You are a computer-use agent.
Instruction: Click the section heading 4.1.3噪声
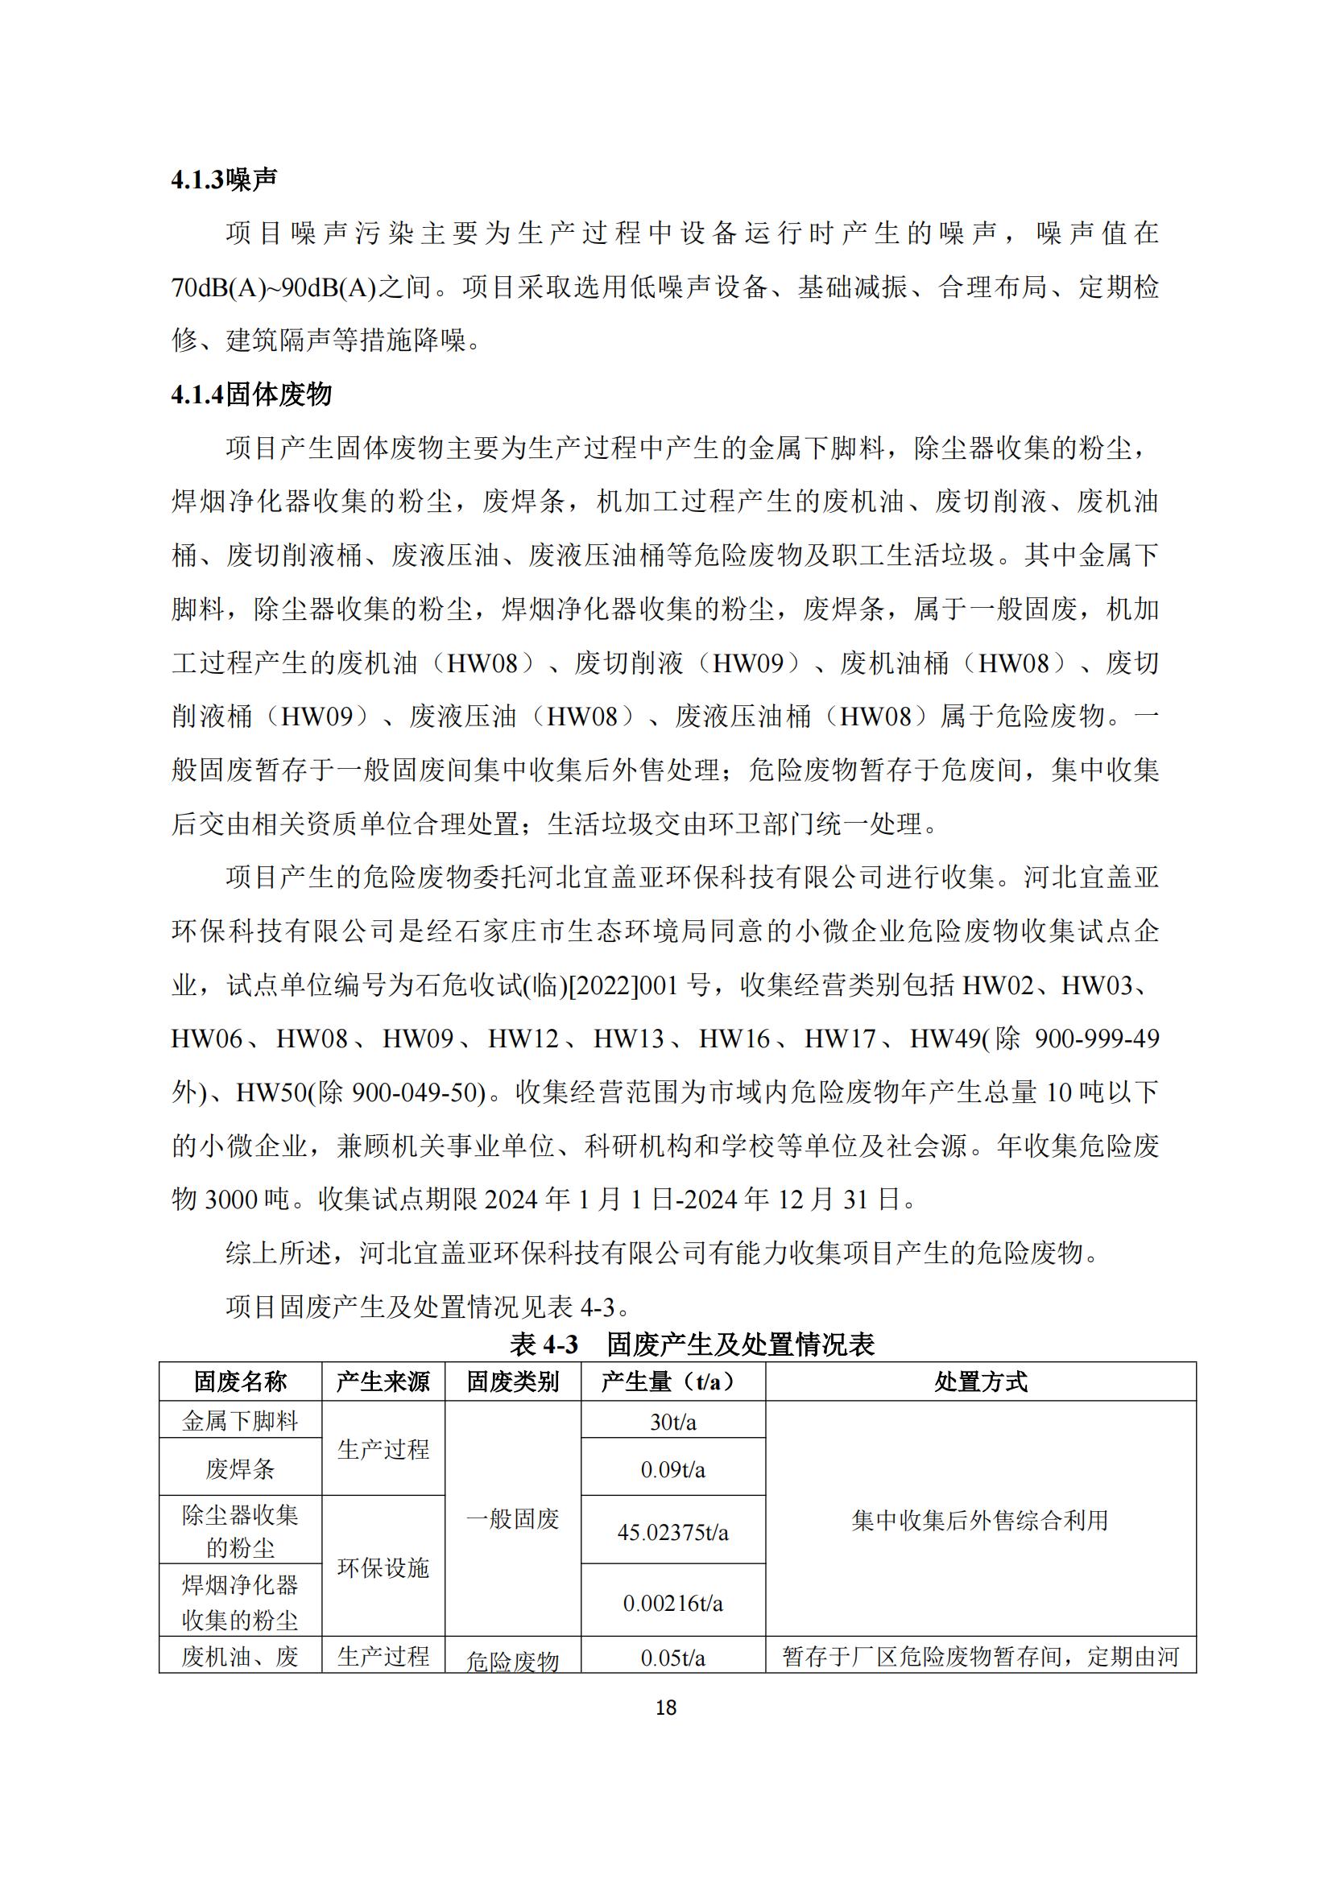point(224,180)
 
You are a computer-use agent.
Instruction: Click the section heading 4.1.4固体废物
point(251,394)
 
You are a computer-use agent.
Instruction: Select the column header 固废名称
point(239,1382)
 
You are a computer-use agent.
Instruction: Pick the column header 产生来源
point(383,1382)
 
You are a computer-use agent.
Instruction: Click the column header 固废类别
point(513,1382)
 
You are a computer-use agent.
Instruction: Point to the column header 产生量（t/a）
point(672,1382)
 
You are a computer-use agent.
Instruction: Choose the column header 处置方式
point(980,1382)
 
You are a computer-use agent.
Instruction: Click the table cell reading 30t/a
point(672,1421)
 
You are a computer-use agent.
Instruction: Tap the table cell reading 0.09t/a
point(672,1469)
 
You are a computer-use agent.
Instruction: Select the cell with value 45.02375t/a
point(672,1532)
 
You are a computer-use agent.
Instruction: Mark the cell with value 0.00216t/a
point(672,1603)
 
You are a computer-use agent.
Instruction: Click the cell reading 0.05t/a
point(672,1658)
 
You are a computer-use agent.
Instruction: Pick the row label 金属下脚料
point(239,1420)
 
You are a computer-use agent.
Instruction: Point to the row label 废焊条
point(239,1469)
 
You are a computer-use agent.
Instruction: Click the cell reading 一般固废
point(513,1519)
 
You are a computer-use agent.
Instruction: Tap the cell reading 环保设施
point(383,1567)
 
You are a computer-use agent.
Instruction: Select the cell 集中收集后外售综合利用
point(980,1521)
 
